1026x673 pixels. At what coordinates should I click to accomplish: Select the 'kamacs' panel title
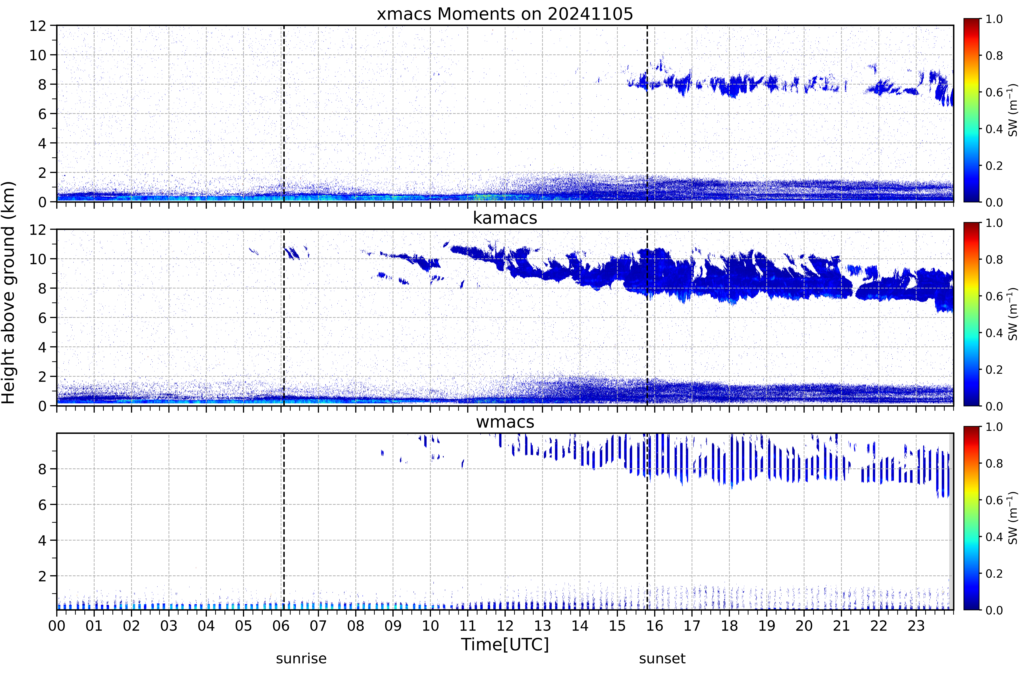tap(505, 218)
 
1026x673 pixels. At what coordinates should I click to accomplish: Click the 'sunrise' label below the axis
tap(301, 659)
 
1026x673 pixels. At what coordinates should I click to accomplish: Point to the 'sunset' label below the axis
tap(662, 659)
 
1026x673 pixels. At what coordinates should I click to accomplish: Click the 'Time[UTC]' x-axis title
tap(505, 645)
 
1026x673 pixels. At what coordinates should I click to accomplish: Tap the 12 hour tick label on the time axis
tap(505, 626)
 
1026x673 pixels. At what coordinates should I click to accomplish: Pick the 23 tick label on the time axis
tap(916, 626)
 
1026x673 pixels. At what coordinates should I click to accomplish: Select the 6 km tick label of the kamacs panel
tap(42, 318)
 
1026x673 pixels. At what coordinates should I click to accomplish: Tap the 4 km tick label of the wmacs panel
tap(42, 540)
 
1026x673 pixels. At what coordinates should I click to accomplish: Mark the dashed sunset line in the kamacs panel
tap(647, 317)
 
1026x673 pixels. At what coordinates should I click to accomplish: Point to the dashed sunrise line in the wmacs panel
tap(284, 521)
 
